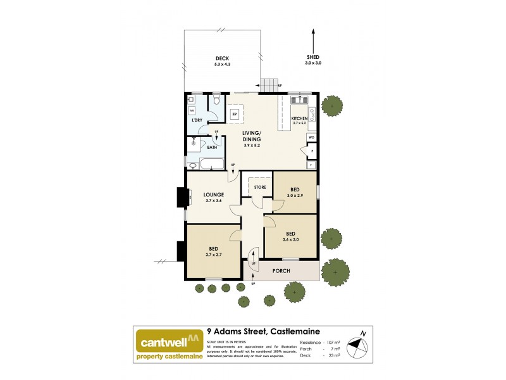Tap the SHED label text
314,58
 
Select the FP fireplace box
234,114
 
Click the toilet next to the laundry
216,101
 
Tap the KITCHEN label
299,118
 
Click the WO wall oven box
311,137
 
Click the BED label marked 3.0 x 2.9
295,189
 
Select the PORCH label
281,271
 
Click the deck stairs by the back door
270,85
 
